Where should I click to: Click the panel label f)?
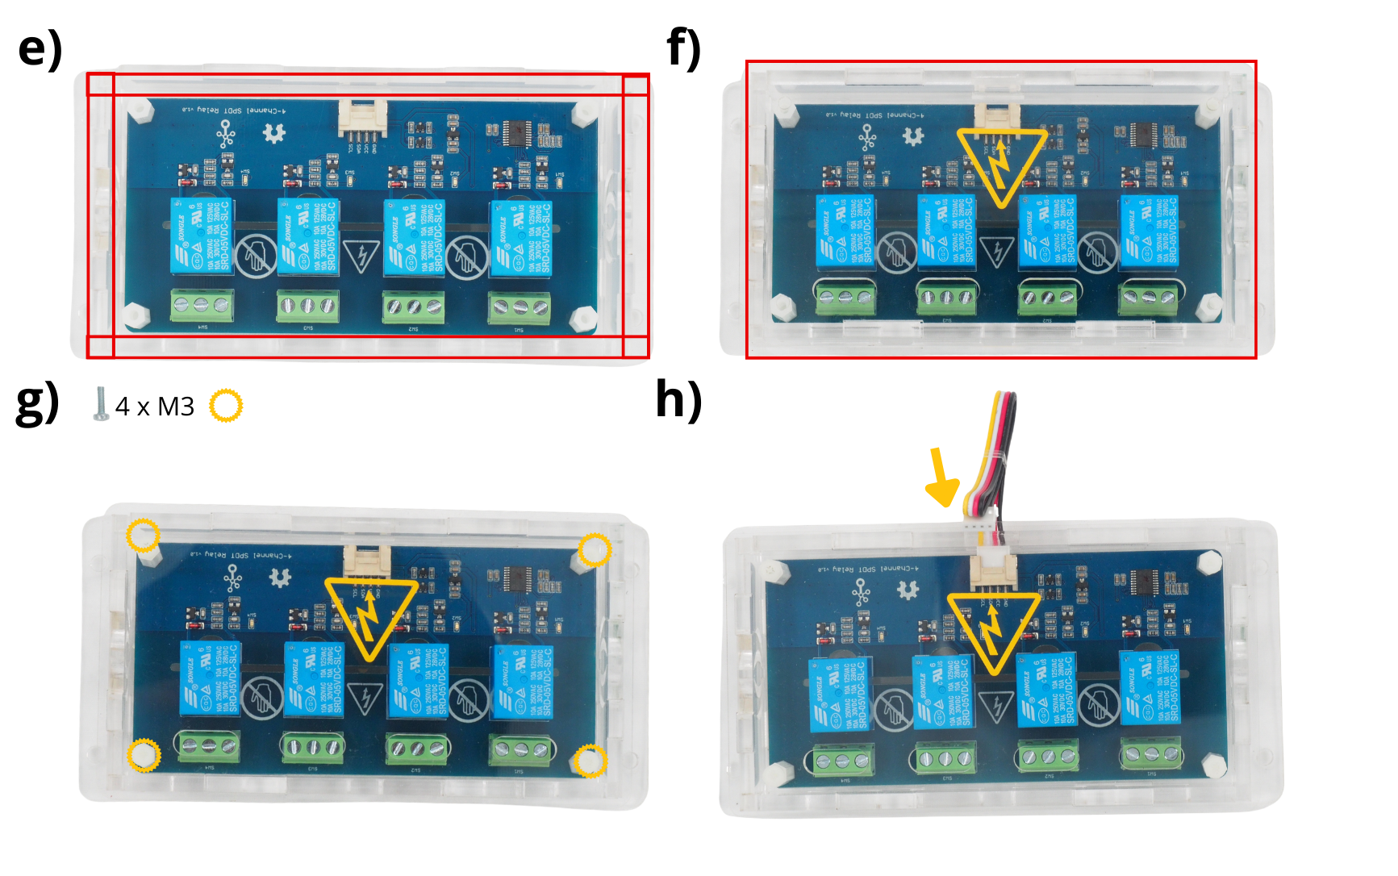[684, 48]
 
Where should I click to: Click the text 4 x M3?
[155, 407]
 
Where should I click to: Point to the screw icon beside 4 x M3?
[101, 404]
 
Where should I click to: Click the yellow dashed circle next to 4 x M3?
[226, 406]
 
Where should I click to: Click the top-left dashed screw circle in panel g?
[144, 535]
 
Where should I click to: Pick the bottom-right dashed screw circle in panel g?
[590, 761]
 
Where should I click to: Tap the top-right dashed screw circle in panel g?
[595, 549]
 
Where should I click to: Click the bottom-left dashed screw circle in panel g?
[144, 755]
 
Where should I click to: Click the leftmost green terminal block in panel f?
[845, 298]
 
